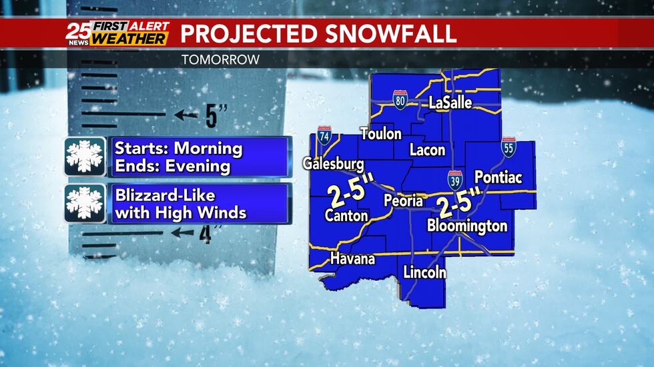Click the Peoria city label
coord(403,200)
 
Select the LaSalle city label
coord(450,103)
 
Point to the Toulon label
coord(381,134)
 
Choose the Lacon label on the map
coord(427,150)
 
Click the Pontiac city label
coord(497,177)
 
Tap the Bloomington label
coord(467,226)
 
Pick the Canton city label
coord(346,215)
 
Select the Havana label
coord(352,259)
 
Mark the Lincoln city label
coord(424,272)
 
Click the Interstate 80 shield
coord(400,102)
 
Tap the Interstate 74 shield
coord(324,135)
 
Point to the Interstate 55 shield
coord(509,148)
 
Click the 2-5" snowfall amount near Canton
coord(350,192)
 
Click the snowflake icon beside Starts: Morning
coord(85,157)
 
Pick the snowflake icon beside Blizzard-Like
coord(85,204)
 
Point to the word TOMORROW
coord(220,60)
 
